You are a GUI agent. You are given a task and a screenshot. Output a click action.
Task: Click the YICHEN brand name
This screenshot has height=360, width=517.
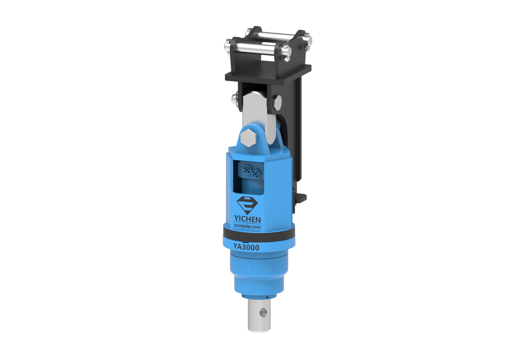coord(247,219)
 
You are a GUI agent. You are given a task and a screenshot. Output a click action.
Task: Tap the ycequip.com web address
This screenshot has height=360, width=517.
coord(247,227)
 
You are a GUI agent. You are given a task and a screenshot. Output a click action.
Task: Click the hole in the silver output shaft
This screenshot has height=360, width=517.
coord(263,313)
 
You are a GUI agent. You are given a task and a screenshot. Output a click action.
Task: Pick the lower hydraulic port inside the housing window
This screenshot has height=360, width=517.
coord(255,174)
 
